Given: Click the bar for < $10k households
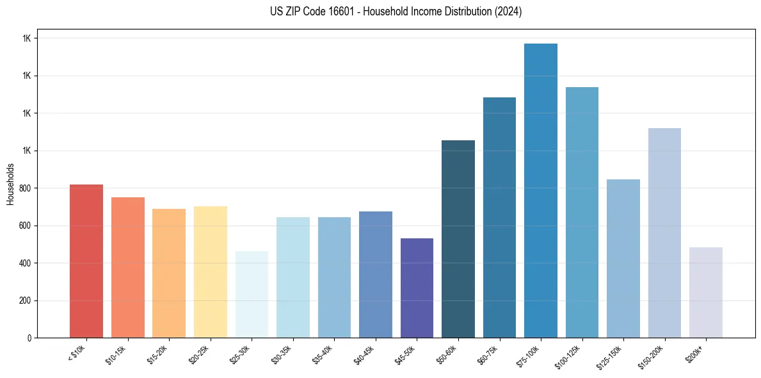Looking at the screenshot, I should pos(86,261).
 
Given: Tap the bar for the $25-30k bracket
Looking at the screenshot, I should pos(252,295).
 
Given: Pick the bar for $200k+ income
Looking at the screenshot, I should pos(706,293).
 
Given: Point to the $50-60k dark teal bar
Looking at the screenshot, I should pos(458,239).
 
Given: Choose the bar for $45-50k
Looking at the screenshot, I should pos(417,288).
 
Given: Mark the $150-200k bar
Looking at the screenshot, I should pos(664,233).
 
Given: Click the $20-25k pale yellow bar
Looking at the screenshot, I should pos(211,272).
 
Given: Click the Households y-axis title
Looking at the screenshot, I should pos(10,183).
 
